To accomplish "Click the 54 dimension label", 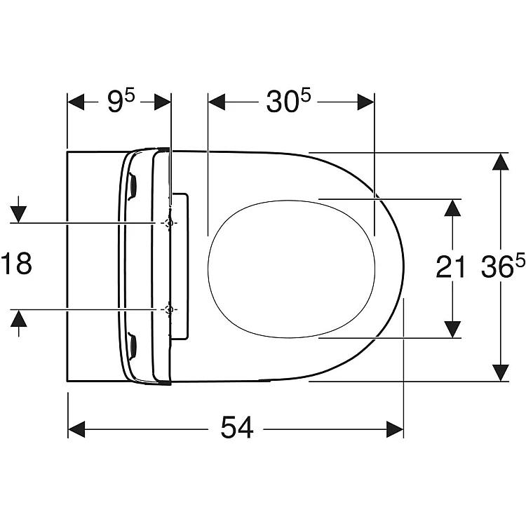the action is click(x=237, y=427).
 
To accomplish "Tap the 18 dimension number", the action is click(x=17, y=263).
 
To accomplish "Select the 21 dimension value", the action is click(x=450, y=267).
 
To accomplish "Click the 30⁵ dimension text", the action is click(x=288, y=100).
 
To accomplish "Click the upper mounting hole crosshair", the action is click(x=169, y=223).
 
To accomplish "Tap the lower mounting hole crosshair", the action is click(x=169, y=309).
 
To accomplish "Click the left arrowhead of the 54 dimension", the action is click(x=76, y=429).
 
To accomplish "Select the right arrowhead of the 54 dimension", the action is click(x=394, y=429).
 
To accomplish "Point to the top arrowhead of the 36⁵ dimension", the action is click(x=501, y=162).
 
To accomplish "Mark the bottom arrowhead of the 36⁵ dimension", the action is click(x=501, y=372).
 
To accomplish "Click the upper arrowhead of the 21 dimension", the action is click(x=452, y=208).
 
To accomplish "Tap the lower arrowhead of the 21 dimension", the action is click(x=452, y=330).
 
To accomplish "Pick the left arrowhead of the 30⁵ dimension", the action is click(x=217, y=102).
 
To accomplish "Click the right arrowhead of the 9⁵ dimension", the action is click(x=163, y=102).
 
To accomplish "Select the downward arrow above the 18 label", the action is click(x=18, y=209).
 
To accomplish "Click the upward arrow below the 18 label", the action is click(x=18, y=323).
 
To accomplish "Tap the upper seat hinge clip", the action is click(x=133, y=187).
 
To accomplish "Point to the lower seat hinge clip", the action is click(x=133, y=346).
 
